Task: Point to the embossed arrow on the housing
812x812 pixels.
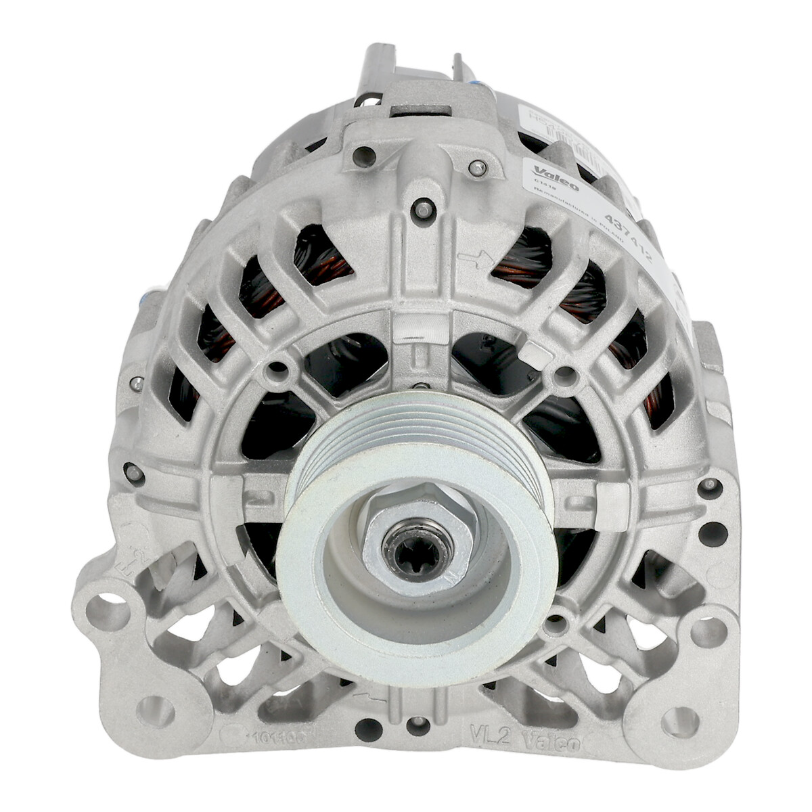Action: coord(473,258)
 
